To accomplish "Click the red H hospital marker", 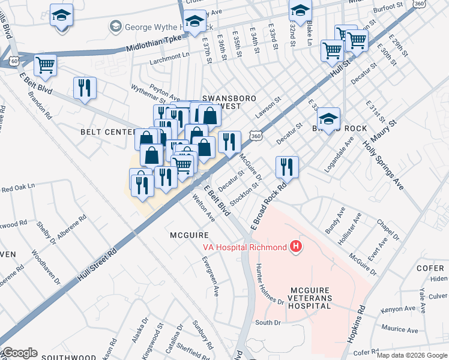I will [295, 246].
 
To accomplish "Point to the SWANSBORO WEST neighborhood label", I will [221, 102].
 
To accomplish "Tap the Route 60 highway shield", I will [13, 61].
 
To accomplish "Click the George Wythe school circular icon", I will [115, 26].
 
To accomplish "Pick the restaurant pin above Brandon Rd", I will [85, 88].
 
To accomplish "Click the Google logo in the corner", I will [19, 353].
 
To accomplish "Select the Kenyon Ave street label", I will [398, 310].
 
